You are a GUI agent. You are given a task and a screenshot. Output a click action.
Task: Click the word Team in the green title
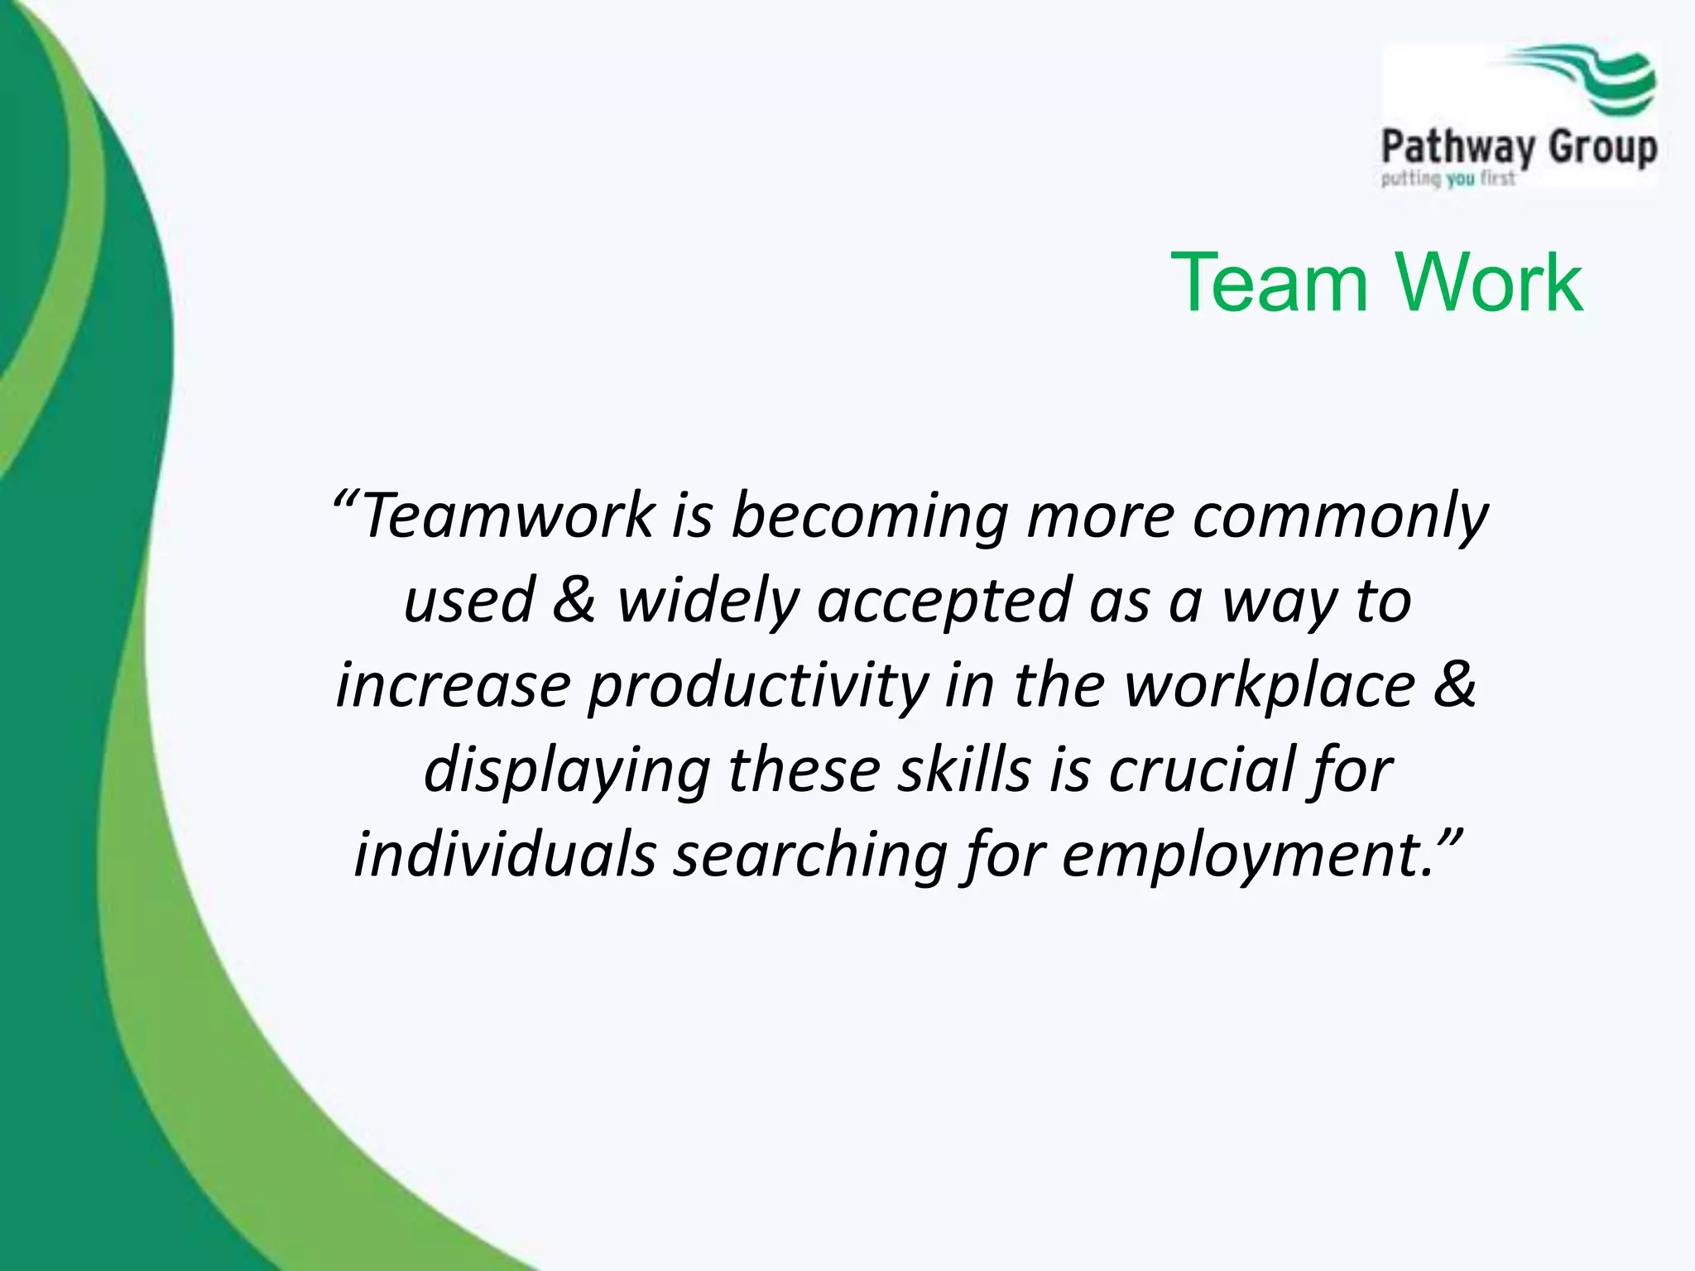[x=1270, y=284]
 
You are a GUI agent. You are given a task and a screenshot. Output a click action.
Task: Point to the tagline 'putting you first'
[x=1448, y=179]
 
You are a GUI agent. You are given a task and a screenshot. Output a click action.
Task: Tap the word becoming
[x=869, y=516]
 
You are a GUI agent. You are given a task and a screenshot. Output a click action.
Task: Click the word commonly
[x=1340, y=516]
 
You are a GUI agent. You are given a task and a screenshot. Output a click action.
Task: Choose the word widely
[x=708, y=602]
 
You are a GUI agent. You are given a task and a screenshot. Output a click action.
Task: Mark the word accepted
[x=944, y=602]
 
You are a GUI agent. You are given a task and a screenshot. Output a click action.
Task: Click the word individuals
[x=505, y=855]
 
